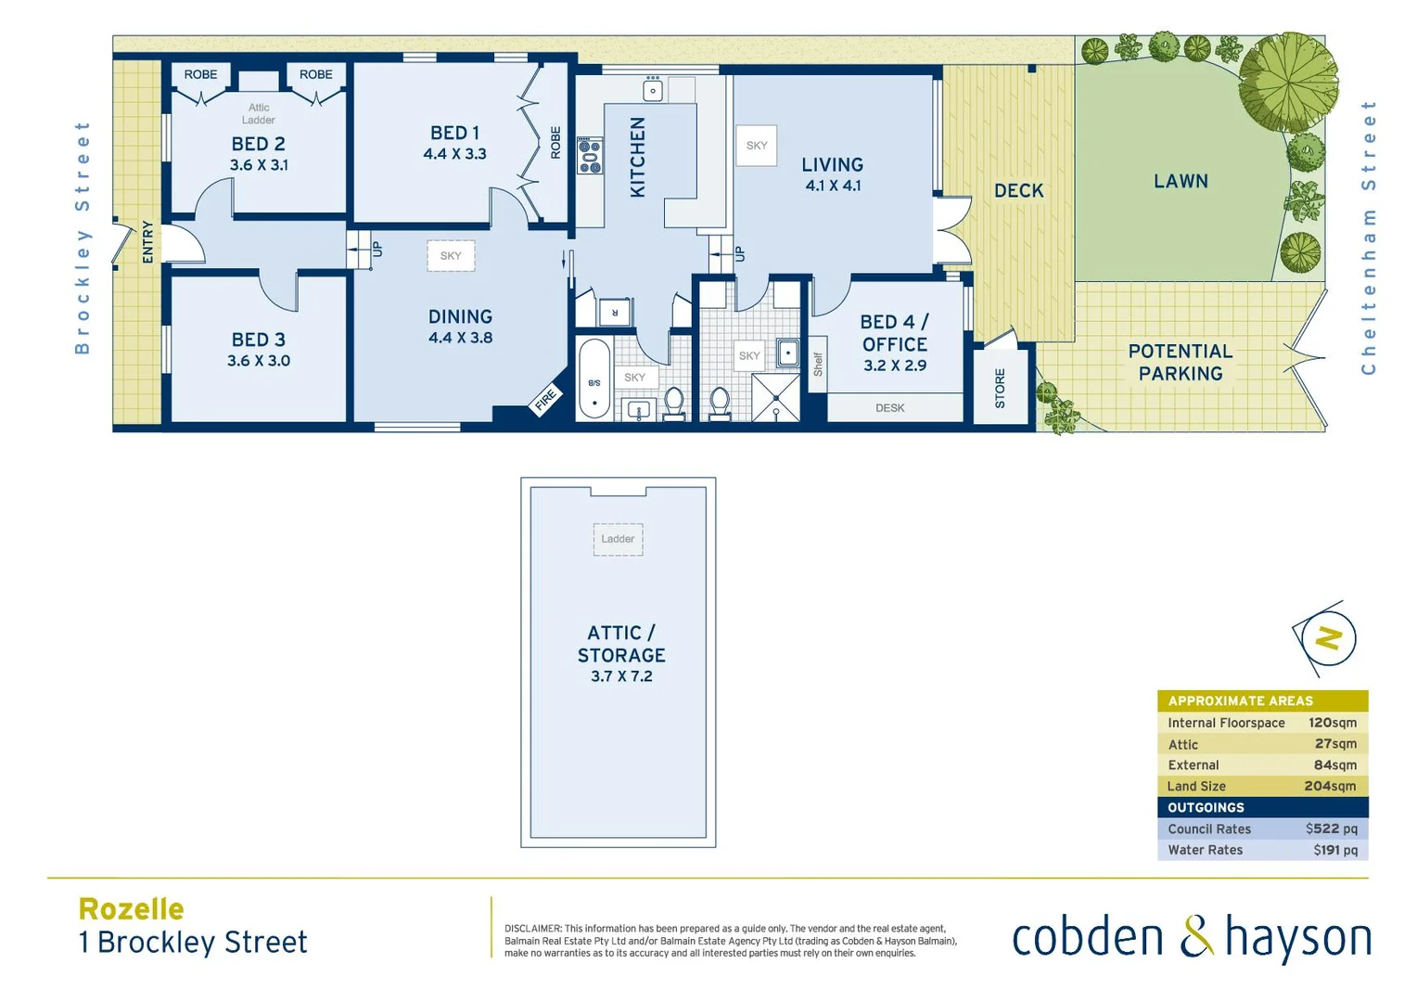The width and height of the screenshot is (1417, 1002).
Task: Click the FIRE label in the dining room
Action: [x=545, y=400]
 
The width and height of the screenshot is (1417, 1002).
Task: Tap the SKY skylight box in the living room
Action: [x=757, y=146]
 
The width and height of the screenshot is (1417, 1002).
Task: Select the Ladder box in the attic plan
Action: [x=618, y=539]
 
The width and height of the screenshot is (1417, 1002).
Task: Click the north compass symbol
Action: [x=1328, y=638]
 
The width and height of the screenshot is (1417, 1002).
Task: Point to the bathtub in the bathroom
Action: [x=594, y=379]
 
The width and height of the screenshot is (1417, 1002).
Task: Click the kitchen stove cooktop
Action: [x=590, y=156]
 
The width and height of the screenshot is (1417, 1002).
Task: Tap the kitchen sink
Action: [x=653, y=90]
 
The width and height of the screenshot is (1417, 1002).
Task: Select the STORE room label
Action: [x=1000, y=388]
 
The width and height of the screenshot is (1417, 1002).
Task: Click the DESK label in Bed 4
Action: [x=889, y=407]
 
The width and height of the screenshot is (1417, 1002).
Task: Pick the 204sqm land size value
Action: [x=1330, y=786]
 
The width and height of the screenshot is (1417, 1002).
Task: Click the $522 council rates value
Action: [x=1331, y=829]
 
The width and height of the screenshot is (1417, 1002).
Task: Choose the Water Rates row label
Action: [x=1205, y=850]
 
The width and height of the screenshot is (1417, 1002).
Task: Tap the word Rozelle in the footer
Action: [x=132, y=909]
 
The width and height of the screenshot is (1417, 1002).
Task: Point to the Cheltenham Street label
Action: [x=1368, y=238]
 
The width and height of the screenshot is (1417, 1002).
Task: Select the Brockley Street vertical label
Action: [x=83, y=238]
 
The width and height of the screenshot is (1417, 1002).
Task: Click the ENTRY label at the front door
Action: [x=147, y=242]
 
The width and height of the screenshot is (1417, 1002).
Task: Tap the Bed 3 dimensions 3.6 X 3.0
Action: [x=259, y=361]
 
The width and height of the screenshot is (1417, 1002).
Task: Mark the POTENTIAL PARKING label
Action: [x=1180, y=363]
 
